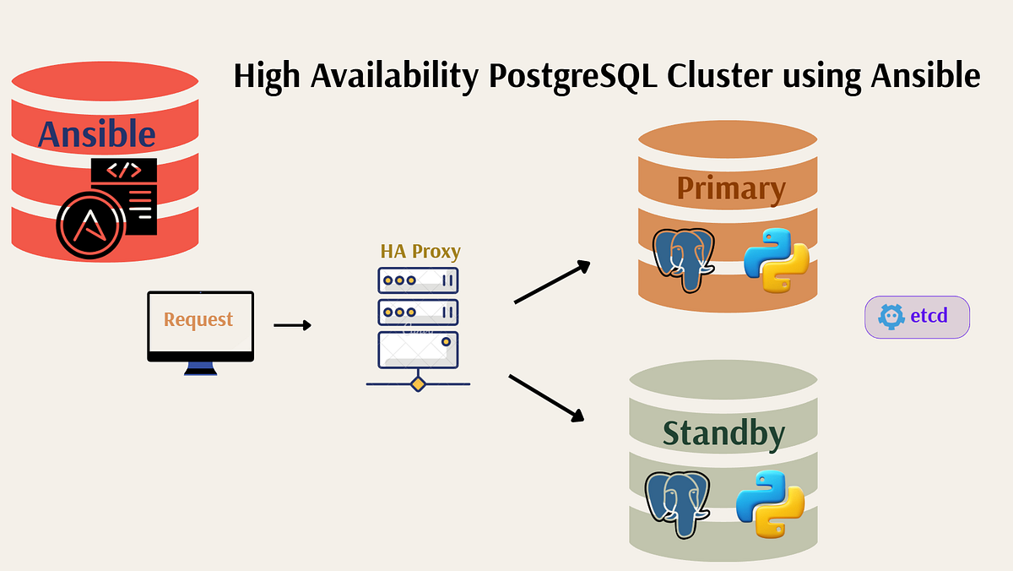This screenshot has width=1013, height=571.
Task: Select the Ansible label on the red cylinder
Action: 97,134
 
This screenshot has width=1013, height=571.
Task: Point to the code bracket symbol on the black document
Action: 124,171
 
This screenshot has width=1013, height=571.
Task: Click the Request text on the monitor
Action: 198,319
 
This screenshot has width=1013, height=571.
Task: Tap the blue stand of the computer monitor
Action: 200,367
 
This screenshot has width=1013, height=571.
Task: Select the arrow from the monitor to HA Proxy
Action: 292,325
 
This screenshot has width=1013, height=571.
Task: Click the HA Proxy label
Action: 420,251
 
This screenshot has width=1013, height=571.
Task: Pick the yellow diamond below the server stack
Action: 418,384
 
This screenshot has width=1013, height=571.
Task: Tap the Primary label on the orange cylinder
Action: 730,188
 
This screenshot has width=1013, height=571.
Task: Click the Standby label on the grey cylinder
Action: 723,432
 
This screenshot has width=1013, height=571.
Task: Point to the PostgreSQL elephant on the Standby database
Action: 676,503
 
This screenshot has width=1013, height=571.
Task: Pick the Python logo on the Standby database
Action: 769,503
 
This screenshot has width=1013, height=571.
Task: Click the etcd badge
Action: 917,317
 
